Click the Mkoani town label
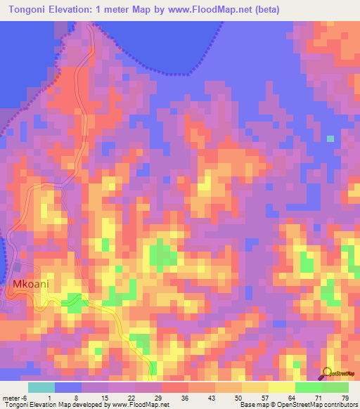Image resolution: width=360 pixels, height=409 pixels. click(30, 285)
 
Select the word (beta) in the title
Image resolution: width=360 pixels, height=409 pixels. click(266, 10)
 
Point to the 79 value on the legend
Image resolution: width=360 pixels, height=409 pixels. click(344, 398)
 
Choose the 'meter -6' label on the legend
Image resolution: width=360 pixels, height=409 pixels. click(13, 398)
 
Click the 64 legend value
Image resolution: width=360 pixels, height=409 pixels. click(291, 398)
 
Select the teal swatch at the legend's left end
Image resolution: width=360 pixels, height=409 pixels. click(41, 387)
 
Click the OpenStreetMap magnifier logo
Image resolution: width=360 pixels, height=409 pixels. click(327, 373)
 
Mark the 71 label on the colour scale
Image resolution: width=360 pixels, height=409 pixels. click(318, 398)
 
